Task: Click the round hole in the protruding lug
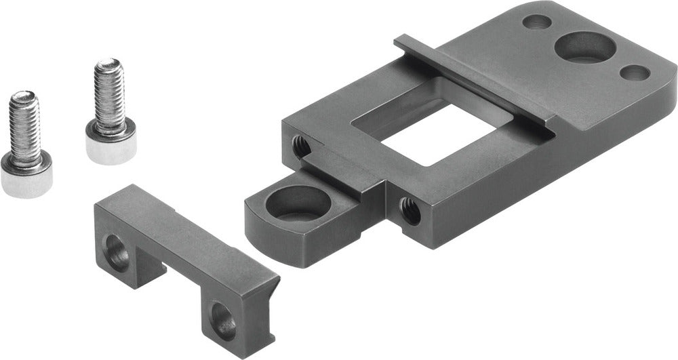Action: (x=296, y=203)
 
